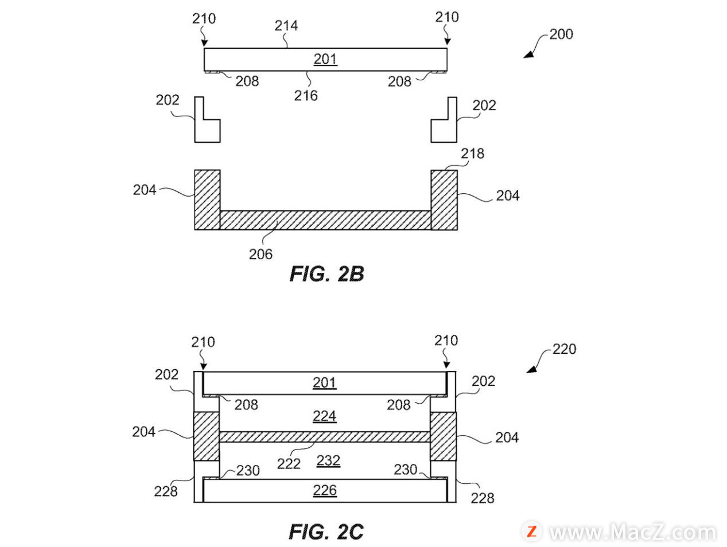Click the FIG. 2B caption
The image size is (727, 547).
click(326, 274)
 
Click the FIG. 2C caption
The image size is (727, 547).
click(326, 532)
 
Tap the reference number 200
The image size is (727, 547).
click(561, 34)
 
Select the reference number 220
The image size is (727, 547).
click(564, 349)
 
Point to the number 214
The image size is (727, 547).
click(286, 25)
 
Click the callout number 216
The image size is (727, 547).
click(306, 96)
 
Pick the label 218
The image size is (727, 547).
click(472, 154)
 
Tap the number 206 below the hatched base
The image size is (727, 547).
click(261, 254)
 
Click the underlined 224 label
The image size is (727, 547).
click(325, 416)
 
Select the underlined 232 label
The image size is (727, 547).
click(328, 460)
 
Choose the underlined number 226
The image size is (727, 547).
click(325, 490)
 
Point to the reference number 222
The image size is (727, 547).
click(289, 464)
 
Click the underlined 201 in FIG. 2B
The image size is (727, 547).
click(325, 59)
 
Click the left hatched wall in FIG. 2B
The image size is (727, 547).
click(207, 200)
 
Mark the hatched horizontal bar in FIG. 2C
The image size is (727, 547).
click(325, 437)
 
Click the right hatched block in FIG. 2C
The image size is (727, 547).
click(443, 436)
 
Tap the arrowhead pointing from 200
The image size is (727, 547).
click(528, 54)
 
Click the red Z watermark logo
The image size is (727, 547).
click(532, 532)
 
